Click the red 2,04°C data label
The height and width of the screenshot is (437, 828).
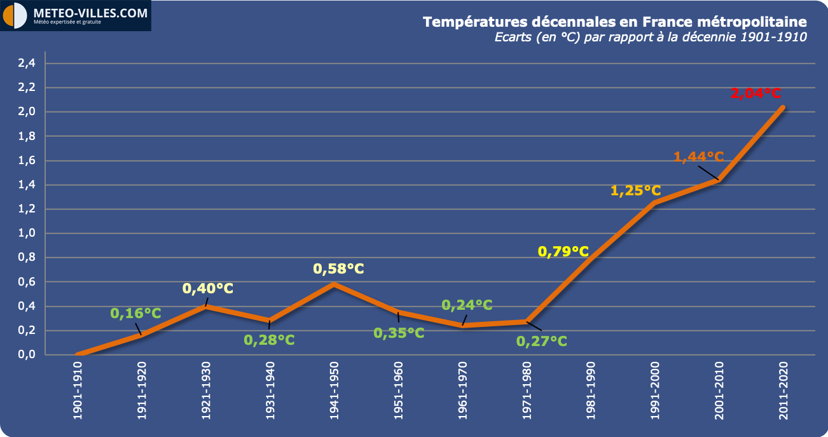coord(756,93)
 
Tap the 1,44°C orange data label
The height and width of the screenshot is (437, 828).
coord(698,156)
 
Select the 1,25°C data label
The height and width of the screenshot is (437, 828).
coord(635,191)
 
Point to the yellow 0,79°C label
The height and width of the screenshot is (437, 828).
coord(563,252)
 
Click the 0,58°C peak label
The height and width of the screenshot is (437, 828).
coord(338,269)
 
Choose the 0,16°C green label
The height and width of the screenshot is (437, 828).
coord(135,314)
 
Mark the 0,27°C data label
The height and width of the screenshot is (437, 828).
coord(542,341)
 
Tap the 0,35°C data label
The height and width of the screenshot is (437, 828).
coord(399,333)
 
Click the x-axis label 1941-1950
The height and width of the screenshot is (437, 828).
coord(334,391)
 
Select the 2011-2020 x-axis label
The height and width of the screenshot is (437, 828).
coord(783,391)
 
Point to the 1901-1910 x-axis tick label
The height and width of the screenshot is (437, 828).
coord(78,391)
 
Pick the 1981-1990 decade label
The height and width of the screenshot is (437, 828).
coord(591,391)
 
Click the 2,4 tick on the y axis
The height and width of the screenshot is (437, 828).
coord(27,63)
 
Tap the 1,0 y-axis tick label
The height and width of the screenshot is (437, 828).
coord(27,233)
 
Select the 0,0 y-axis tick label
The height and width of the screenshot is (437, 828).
coord(27,354)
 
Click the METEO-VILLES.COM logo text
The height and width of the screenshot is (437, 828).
coord(90,13)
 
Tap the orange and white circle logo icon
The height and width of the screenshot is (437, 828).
coord(15,15)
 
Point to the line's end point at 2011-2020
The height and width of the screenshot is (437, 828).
coord(783,108)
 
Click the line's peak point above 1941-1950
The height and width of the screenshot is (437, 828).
coord(334,284)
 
